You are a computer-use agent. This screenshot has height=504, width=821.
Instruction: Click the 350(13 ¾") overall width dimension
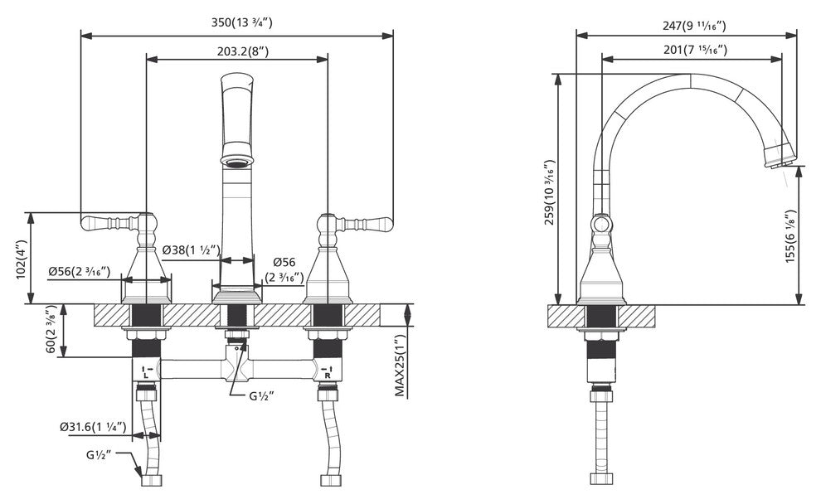coord(242,22)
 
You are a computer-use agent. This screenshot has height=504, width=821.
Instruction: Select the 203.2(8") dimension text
coord(243,51)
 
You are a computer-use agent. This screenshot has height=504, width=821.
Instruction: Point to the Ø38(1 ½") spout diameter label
coord(191,250)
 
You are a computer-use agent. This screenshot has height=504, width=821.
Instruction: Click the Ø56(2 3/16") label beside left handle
coord(79,271)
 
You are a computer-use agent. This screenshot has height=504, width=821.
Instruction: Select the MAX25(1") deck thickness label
coord(400,366)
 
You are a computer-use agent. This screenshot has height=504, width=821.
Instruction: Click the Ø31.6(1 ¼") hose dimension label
coord(93,427)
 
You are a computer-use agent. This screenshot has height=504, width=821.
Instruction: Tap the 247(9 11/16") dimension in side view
coord(694,26)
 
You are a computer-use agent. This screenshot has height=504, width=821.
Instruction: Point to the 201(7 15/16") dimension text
coord(695,50)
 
